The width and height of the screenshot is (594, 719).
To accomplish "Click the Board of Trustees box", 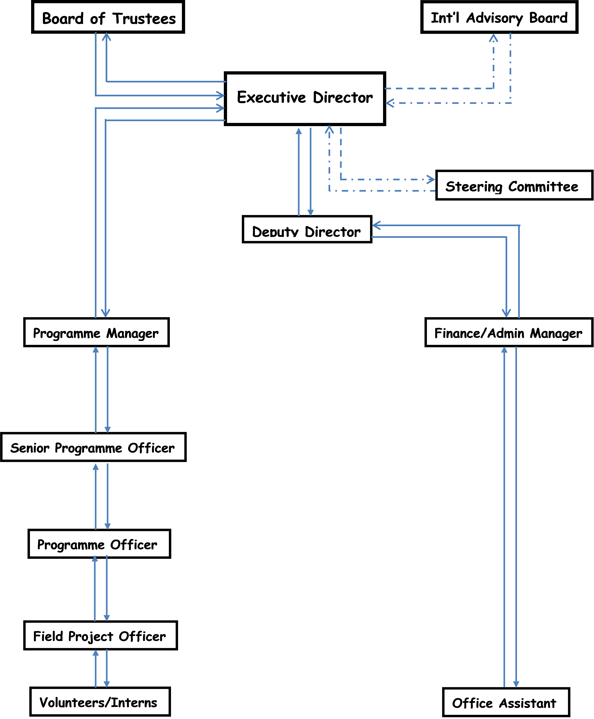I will tap(108, 17).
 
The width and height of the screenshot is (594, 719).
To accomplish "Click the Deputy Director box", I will tap(307, 229).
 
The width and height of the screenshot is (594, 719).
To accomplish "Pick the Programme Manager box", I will tap(96, 332).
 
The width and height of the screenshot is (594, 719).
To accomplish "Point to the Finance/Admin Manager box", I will tap(508, 332).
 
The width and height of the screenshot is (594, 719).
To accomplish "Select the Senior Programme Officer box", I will tap(93, 447).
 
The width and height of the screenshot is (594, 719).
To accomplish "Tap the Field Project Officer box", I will tap(100, 635).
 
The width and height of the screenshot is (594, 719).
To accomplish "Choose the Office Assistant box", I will tap(506, 702).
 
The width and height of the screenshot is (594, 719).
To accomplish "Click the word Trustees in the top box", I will tap(144, 18).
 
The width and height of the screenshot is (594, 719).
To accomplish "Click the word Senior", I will tap(30, 448).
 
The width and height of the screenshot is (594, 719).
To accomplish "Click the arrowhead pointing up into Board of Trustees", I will tap(106, 36).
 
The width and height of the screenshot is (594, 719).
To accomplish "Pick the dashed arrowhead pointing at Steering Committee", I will tap(432, 179).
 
